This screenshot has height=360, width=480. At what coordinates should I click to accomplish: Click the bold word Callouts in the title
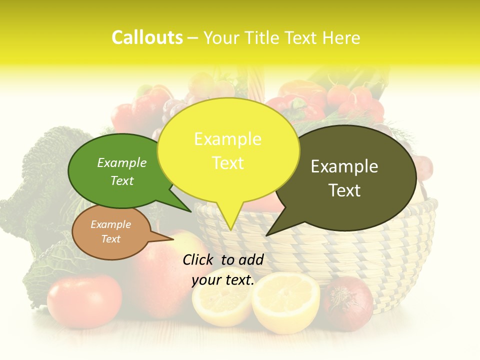coord(147,37)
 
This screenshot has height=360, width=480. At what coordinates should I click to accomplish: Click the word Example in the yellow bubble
coord(227,139)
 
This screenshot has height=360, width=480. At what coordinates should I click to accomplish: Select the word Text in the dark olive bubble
coord(344,190)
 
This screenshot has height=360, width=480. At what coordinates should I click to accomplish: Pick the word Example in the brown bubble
coord(110,224)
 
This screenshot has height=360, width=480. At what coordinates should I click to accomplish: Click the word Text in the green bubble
coord(122,180)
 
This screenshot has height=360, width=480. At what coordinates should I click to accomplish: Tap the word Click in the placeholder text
coord(198,259)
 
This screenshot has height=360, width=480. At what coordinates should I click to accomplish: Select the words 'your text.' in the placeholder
coord(223,280)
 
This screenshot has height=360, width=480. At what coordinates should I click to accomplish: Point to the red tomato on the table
coord(84,300)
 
